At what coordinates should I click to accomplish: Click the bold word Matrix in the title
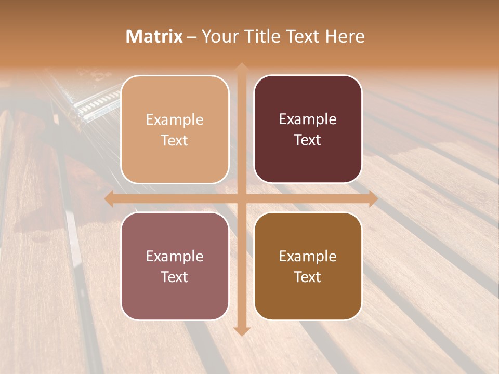tap(154, 36)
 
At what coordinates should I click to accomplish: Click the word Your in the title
tap(218, 36)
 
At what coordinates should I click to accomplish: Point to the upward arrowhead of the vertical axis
tap(241, 67)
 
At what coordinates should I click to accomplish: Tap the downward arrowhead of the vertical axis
tap(241, 331)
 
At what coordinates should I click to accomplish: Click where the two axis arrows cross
tap(241, 199)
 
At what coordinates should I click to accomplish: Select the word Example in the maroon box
tap(308, 119)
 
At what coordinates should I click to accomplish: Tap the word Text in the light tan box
tap(175, 140)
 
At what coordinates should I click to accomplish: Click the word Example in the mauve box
tap(175, 257)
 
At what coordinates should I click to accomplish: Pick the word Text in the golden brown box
tap(308, 277)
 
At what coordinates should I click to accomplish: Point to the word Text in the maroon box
tap(308, 140)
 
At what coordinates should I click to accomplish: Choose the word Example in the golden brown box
tap(308, 257)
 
